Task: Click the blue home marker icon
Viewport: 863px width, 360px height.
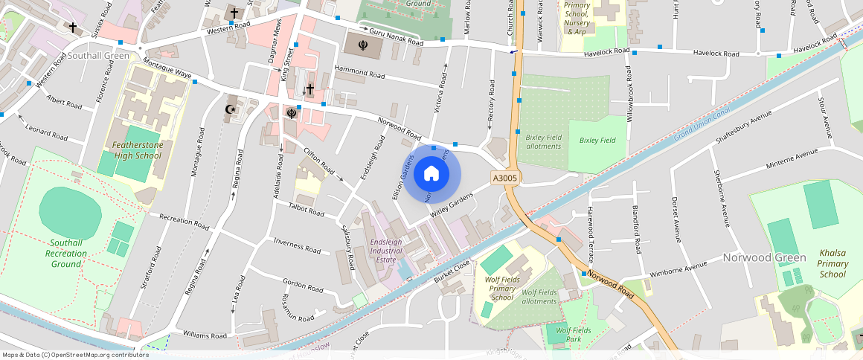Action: [x=431, y=174]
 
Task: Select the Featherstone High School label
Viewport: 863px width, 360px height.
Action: [x=137, y=150]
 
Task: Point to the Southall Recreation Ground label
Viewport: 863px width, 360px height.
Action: [x=66, y=254]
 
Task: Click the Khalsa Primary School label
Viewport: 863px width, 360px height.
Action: [x=832, y=263]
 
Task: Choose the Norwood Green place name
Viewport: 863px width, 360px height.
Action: [x=764, y=258]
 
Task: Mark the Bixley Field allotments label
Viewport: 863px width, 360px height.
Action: [x=543, y=141]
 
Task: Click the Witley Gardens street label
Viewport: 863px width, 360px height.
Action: [x=452, y=205]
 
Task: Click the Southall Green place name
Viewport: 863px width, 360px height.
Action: [x=97, y=55]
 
